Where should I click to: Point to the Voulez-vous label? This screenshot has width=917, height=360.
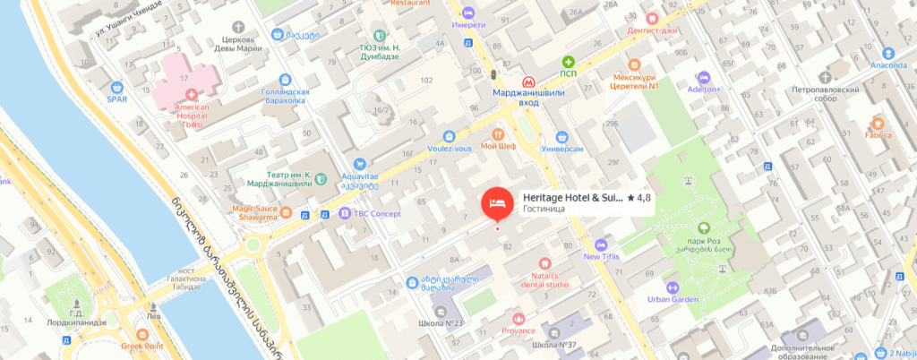pyautogui.click(x=450, y=148)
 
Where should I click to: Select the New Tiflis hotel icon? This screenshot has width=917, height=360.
pyautogui.click(x=601, y=244)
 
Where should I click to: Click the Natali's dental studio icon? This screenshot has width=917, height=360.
pyautogui.click(x=544, y=261)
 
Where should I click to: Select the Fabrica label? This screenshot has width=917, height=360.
pyautogui.click(x=878, y=135)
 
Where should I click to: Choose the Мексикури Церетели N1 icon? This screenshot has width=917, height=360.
pyautogui.click(x=634, y=65)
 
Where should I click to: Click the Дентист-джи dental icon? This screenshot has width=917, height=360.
pyautogui.click(x=653, y=18)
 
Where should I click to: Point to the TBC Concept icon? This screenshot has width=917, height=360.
pyautogui.click(x=345, y=213)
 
